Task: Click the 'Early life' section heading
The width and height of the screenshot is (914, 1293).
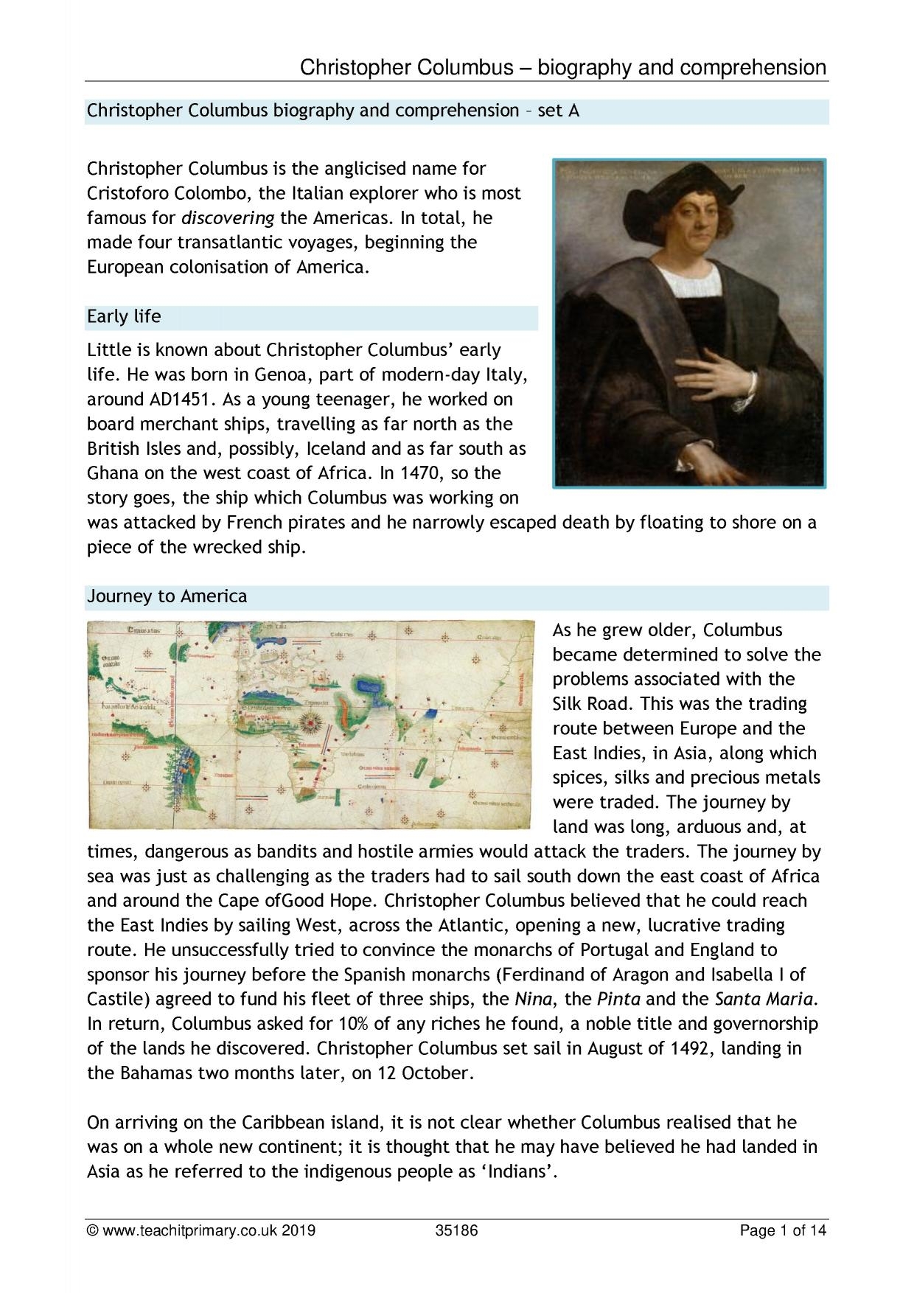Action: pos(124,317)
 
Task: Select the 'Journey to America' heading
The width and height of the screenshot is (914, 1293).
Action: pos(167,596)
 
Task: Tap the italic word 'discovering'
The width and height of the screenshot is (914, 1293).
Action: pos(228,218)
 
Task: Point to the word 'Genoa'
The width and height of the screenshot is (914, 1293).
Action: pos(283,375)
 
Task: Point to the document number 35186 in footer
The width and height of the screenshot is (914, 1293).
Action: pos(457,1230)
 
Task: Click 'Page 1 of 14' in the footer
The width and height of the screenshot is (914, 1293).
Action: pos(784,1230)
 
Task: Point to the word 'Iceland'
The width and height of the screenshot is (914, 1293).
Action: pos(337,449)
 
